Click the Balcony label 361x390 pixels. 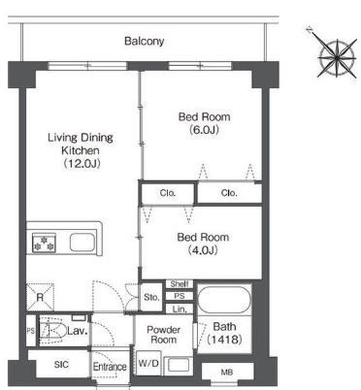(x=145, y=41)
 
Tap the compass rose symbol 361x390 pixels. (x=337, y=57)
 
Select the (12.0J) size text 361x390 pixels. (x=82, y=163)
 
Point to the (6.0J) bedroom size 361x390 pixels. (x=204, y=130)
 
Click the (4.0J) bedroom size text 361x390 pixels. (x=203, y=250)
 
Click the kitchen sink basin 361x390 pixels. (x=82, y=243)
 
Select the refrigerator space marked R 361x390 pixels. (x=40, y=297)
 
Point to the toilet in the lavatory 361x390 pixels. (x=50, y=330)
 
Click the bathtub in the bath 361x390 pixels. (x=224, y=299)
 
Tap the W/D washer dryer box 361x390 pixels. (x=148, y=363)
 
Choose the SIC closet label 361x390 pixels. (x=61, y=365)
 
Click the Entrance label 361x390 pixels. (x=110, y=367)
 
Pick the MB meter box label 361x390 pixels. (x=227, y=373)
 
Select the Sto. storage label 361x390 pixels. (x=151, y=297)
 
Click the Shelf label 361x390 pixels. (x=180, y=284)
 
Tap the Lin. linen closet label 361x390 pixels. (x=180, y=309)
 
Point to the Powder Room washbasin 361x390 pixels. (x=179, y=365)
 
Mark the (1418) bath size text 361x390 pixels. (x=224, y=340)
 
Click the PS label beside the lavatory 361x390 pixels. (x=31, y=331)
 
